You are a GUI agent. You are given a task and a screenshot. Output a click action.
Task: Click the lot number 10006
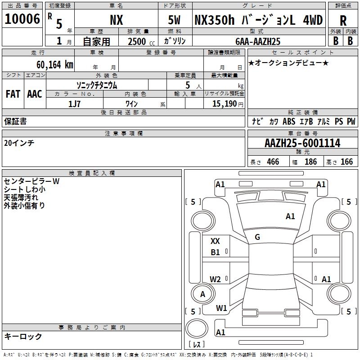pos(22,19)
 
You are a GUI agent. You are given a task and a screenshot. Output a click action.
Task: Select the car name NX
pos(116,20)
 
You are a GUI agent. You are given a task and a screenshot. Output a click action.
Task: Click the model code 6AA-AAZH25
pos(258,41)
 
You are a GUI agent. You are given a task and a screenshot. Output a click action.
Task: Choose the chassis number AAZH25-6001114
pos(302,144)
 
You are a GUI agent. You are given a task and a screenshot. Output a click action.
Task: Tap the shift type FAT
pos(13,94)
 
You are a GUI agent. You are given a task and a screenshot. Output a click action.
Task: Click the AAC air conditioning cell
pos(35,94)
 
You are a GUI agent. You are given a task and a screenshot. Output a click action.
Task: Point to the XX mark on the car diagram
pos(215,241)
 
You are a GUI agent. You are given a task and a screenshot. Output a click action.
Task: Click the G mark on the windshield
pos(257,237)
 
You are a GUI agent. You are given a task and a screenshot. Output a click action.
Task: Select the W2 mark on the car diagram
pos(215,279)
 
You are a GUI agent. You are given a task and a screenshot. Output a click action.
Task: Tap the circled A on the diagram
pos(202,294)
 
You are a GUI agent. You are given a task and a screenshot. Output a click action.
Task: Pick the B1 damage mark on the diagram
pos(215,252)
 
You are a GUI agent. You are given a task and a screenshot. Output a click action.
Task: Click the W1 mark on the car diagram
pos(221,308)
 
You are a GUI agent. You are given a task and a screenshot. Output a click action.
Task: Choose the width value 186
pos(310,162)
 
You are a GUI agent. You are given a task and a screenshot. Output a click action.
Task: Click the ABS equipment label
pos(288,121)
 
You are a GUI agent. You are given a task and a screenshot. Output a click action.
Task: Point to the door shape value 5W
pos(175,20)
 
